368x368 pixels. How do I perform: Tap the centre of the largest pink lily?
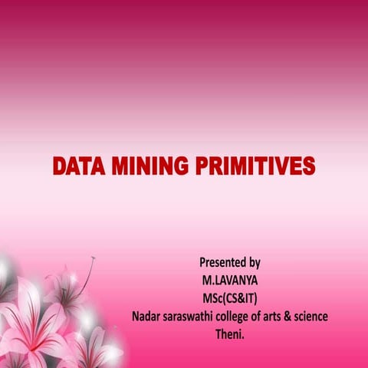[x=34, y=322]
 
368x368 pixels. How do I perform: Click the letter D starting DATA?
[x=58, y=166]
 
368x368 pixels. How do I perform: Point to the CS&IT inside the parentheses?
[x=238, y=297]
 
